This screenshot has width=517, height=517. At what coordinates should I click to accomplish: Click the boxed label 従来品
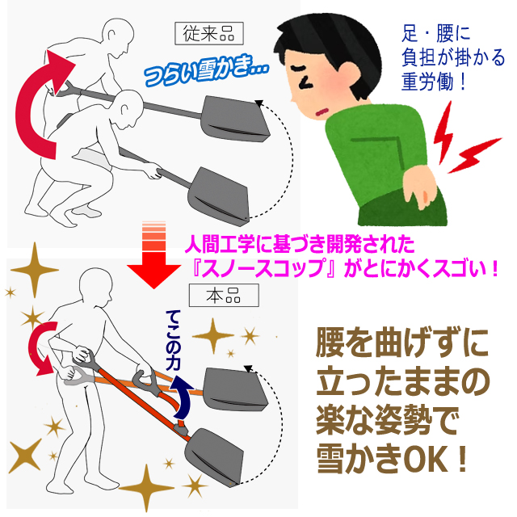click(x=209, y=33)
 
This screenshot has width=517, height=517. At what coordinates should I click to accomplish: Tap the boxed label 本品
click(x=224, y=295)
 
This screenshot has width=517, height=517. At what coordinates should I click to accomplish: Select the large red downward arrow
click(x=154, y=254)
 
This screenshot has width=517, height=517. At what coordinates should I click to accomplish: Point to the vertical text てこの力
click(x=173, y=340)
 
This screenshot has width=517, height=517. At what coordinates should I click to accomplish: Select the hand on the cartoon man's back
click(x=420, y=187)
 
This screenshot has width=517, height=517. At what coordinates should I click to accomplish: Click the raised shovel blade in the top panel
click(x=235, y=119)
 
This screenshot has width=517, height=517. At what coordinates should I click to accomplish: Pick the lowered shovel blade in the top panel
click(x=219, y=196)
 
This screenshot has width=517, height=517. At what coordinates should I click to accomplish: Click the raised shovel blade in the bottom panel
click(x=235, y=389)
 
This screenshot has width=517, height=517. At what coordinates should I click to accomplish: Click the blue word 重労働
click(x=427, y=82)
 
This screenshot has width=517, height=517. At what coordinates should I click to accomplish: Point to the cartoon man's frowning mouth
click(x=322, y=112)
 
